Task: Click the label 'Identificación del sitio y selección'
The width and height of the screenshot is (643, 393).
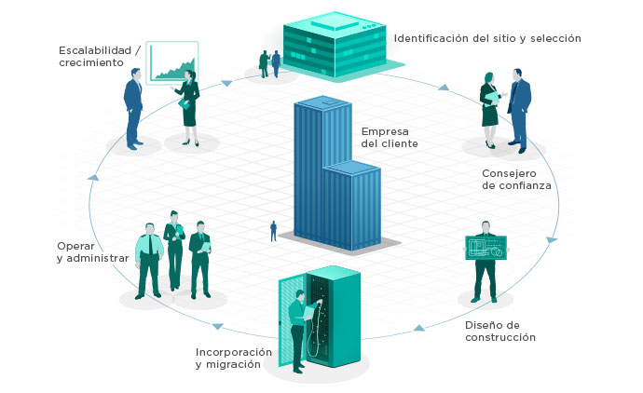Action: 487,38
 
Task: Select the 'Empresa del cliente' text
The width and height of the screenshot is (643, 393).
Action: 390,137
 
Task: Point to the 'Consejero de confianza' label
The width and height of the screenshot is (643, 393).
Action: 516,179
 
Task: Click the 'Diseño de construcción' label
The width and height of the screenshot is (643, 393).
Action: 500,331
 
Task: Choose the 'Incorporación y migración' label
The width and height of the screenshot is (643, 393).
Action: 234,359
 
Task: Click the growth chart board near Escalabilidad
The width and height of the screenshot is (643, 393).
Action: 172,61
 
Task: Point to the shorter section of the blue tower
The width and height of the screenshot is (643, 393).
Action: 354,205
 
